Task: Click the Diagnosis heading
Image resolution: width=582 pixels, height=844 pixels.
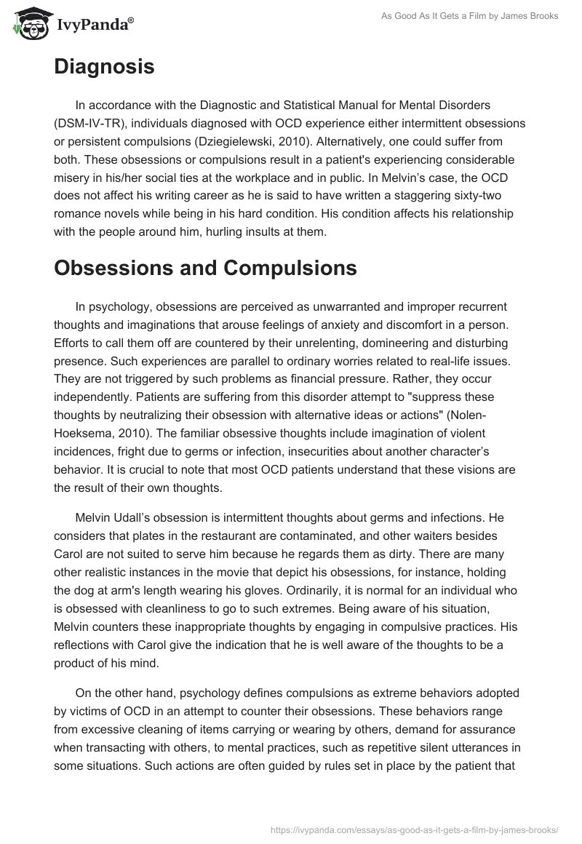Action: click(x=104, y=67)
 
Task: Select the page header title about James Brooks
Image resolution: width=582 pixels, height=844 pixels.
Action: click(x=470, y=17)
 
